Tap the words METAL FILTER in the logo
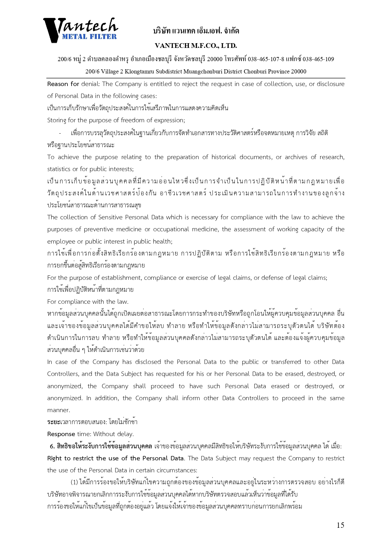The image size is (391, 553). [x=89, y=37]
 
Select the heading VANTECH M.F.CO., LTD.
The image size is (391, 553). [x=196, y=46]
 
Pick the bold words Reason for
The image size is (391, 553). [x=63, y=84]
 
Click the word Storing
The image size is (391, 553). [x=57, y=120]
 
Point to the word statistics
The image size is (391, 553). [x=59, y=169]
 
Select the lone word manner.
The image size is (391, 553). [x=58, y=410]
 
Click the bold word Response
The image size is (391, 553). [x=61, y=434]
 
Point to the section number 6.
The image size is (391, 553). [x=52, y=446]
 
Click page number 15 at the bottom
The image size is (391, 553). [x=340, y=525]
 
